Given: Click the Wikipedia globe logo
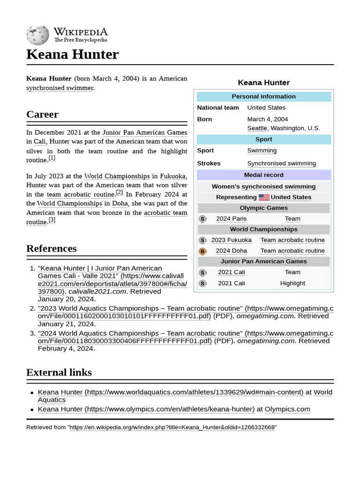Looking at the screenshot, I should coord(37,35).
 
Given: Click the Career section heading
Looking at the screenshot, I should coord(43,114).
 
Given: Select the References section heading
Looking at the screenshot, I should coord(51,248).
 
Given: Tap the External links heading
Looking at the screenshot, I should coord(59,372).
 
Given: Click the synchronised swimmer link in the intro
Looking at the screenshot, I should coord(60,88).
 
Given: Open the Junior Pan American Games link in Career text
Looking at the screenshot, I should coord(144,132).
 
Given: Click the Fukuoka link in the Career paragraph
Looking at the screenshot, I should coord(172,176).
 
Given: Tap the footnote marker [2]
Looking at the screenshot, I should coord(120,192).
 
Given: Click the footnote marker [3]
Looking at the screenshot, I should coord(52,220).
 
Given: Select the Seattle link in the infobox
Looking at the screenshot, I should coord(257,128).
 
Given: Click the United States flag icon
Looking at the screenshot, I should coord(264,197).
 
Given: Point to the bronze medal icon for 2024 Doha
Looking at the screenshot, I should coord(202,251).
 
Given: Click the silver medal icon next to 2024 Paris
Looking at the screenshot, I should coord(202,219).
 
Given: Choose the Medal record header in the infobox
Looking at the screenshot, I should coord(263,175).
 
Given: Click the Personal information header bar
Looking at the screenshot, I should coord(263,97).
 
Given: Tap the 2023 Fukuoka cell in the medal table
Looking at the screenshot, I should coord(231,240).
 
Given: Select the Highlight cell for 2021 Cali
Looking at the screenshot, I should coord(292,283).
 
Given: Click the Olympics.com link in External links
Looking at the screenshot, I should coord(287,409).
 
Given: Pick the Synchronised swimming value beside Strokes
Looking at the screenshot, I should coord(281,163).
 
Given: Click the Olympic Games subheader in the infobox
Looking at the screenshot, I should coord(263,208).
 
